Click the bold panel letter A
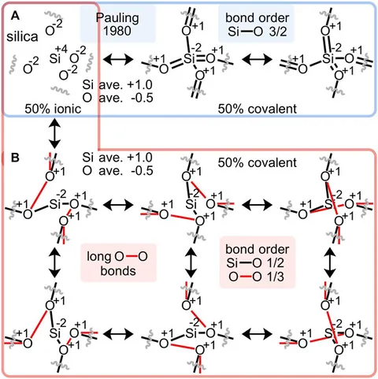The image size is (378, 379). point(15,17)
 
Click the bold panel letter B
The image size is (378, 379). point(15,158)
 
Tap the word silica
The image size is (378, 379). point(22,36)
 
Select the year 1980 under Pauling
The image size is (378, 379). point(117,31)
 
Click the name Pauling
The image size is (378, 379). point(117,18)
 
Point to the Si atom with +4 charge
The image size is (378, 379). point(55,58)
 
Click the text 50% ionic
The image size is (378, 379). point(53,109)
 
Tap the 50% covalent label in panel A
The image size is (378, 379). point(258,109)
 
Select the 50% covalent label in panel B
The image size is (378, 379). point(258,163)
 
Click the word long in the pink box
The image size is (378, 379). point(99,258)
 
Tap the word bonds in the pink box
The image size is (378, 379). point(118,270)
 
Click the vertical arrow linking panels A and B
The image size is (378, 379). point(55,133)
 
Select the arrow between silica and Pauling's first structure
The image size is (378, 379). point(118,59)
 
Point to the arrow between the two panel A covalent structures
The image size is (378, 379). point(257,59)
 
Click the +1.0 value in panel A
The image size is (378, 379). point(140,85)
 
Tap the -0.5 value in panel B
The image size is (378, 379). point(141,171)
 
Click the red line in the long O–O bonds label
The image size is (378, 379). point(131,257)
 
